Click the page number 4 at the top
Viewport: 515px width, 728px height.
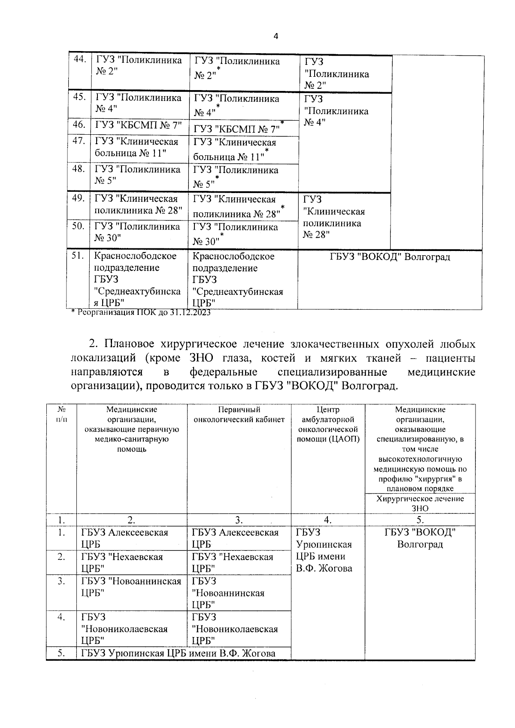(276, 36)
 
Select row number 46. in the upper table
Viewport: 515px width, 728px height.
(79, 125)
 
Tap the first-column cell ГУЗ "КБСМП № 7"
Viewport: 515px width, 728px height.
(139, 126)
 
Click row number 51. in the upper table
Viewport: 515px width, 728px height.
(78, 256)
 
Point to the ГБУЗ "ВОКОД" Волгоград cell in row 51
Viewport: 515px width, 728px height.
(390, 257)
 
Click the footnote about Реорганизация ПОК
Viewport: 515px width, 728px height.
(141, 313)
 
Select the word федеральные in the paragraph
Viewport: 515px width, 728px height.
(224, 372)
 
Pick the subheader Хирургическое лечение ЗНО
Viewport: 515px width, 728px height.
(420, 504)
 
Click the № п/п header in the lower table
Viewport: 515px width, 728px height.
(61, 415)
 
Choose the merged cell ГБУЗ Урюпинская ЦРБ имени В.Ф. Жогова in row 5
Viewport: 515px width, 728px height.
(178, 654)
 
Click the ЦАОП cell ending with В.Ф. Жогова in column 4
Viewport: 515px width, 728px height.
(324, 550)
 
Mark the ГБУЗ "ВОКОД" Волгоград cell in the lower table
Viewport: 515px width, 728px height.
(420, 538)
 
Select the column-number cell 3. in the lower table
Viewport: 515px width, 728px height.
(239, 520)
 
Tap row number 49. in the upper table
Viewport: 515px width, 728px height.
(78, 199)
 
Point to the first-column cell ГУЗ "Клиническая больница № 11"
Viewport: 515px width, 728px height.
(136, 147)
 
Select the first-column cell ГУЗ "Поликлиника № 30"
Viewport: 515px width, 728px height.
(137, 232)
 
